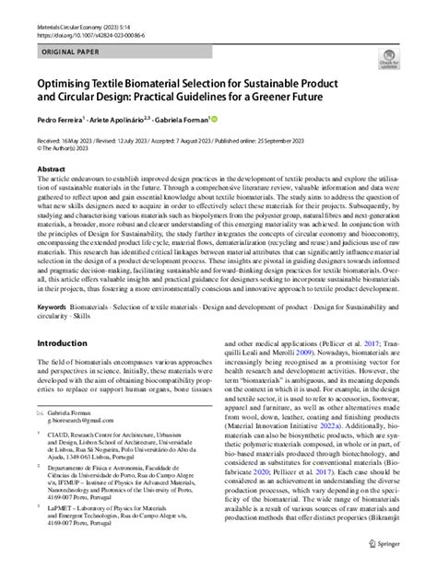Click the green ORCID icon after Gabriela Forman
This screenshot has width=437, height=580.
216,119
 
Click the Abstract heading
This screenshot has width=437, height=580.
51,169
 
